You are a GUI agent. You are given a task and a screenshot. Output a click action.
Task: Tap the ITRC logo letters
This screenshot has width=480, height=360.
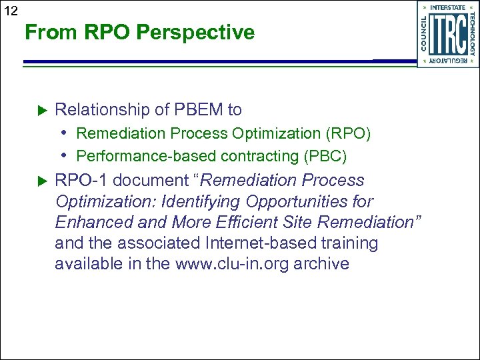coord(447,34)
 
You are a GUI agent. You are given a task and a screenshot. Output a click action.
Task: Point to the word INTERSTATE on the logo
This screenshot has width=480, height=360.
coord(447,7)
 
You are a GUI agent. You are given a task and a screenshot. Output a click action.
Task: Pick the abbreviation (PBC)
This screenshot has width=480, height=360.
coord(323,156)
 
